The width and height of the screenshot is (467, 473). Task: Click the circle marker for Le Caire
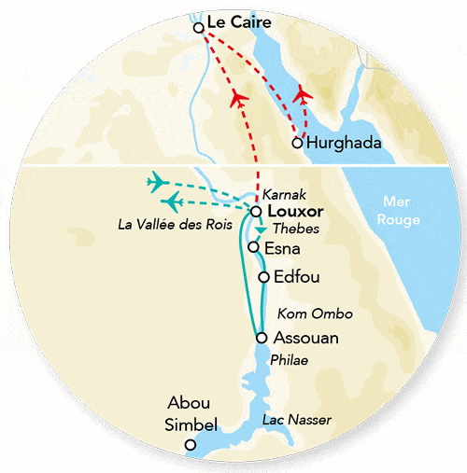[198, 28]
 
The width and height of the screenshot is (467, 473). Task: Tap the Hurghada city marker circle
[297, 143]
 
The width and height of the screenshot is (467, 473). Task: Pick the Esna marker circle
[253, 247]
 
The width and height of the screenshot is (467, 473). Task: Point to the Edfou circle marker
[264, 277]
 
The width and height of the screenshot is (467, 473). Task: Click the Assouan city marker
[261, 338]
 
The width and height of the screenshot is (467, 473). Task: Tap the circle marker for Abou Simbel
[191, 445]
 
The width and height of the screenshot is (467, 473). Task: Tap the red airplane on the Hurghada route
[301, 94]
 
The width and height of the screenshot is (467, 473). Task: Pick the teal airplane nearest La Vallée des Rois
[172, 201]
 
